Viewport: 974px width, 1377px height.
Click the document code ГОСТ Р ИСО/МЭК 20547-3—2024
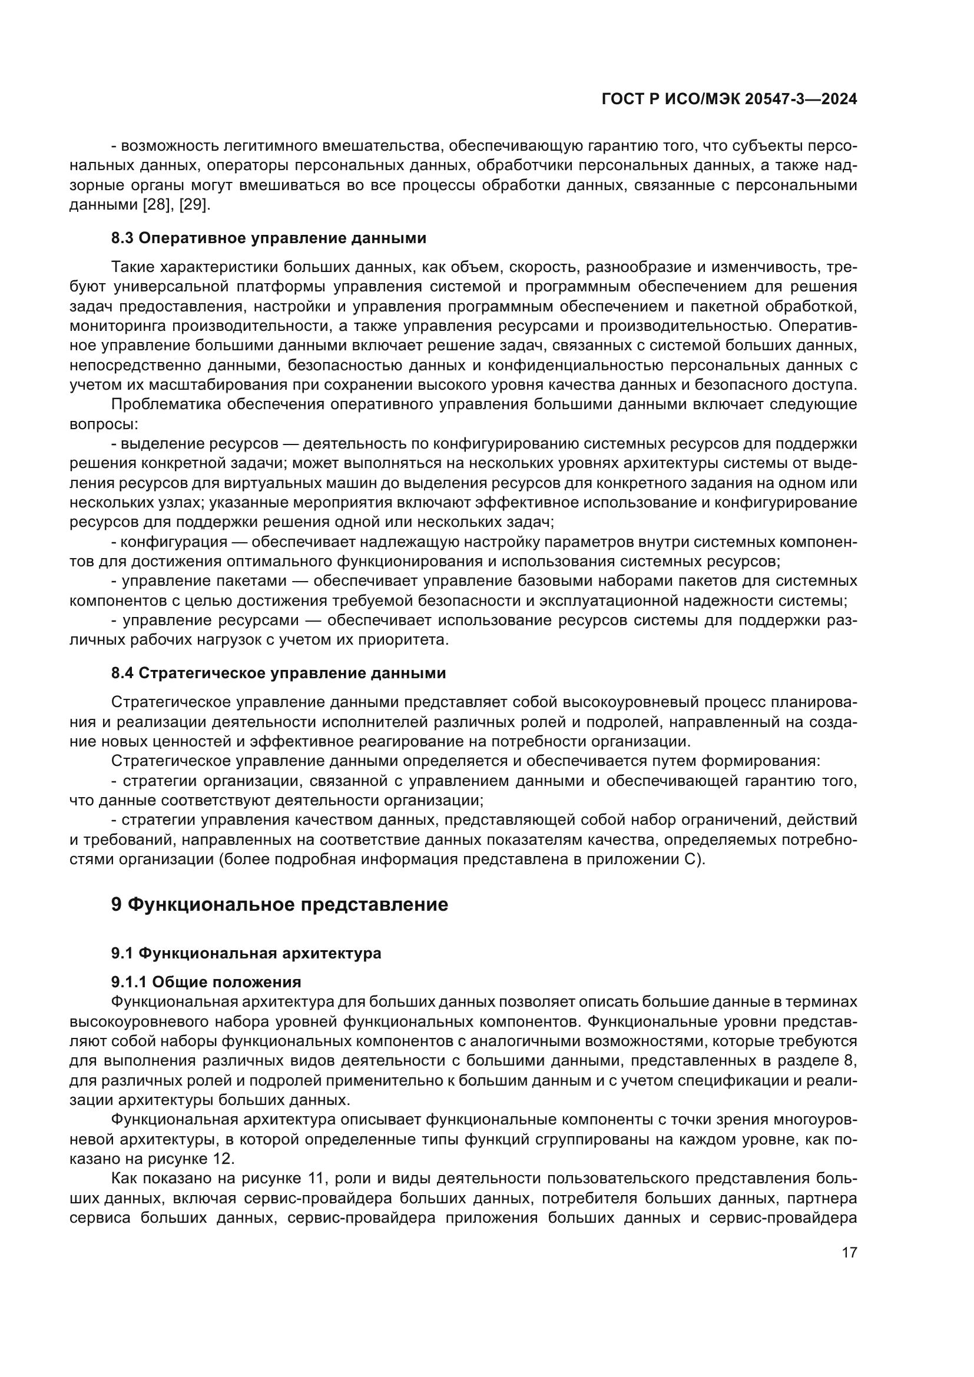(x=728, y=99)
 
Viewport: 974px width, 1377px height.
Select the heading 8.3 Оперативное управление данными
(x=269, y=238)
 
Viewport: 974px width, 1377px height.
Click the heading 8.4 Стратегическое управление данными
(x=279, y=673)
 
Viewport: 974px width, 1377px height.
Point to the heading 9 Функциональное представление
(x=280, y=904)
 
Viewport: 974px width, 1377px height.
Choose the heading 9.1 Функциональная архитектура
(x=246, y=953)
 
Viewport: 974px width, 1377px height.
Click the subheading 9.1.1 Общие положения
(x=206, y=982)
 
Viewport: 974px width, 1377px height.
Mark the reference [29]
(x=194, y=205)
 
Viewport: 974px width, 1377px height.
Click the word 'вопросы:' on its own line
(x=104, y=424)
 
